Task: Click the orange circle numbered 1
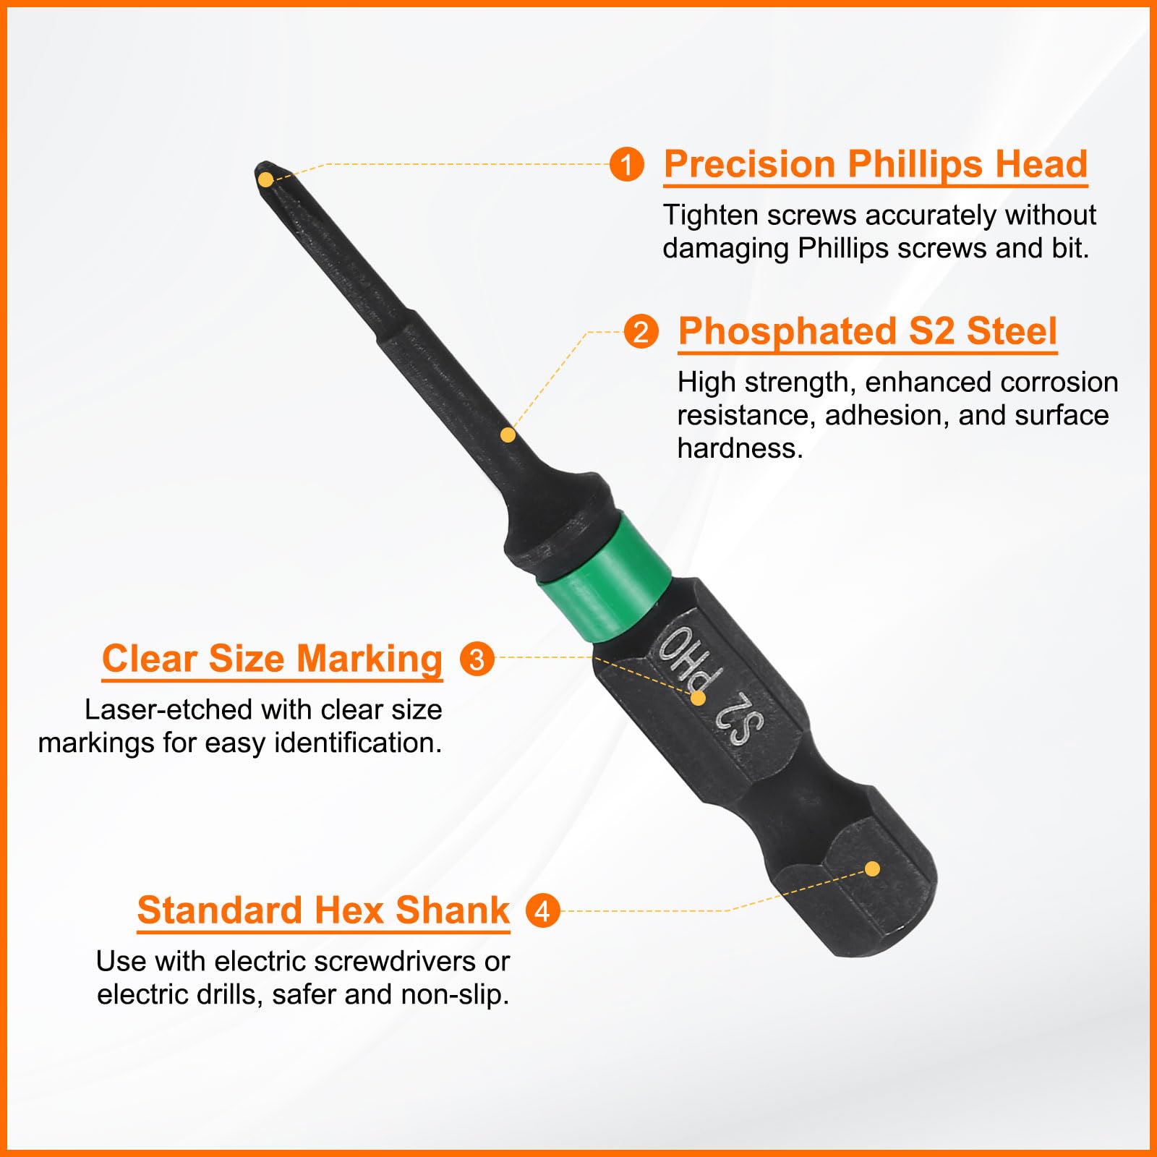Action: (x=626, y=164)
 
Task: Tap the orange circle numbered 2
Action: (x=641, y=332)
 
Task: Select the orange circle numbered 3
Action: (x=477, y=659)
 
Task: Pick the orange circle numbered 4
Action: (x=542, y=910)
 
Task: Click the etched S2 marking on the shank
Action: (x=739, y=720)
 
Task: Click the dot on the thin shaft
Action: (x=508, y=435)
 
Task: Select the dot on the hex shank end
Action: (x=873, y=868)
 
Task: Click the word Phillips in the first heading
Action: (x=915, y=166)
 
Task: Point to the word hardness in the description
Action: (x=740, y=448)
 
